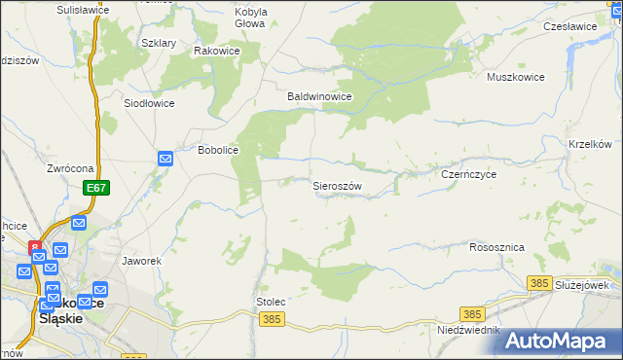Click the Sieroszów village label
(337, 185)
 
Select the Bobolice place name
(219, 152)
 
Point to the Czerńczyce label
(469, 174)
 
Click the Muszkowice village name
(518, 75)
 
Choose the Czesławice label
(570, 26)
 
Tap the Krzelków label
(589, 144)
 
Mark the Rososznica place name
(496, 247)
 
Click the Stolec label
(271, 302)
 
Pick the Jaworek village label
(141, 262)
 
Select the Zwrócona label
(69, 167)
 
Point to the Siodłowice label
(149, 102)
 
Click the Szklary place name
(159, 44)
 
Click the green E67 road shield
(94, 187)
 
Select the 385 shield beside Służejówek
(541, 282)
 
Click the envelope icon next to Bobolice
(165, 158)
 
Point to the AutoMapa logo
(558, 340)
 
